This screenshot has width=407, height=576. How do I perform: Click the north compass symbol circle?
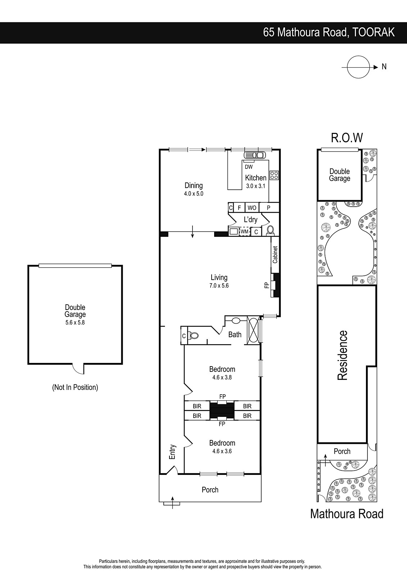click(x=358, y=56)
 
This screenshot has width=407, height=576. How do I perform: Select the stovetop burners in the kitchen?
click(x=274, y=175)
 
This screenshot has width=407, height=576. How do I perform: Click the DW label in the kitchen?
click(x=249, y=167)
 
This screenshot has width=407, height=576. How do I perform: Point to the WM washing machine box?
click(x=244, y=231)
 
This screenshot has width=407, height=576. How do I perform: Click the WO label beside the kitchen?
click(x=252, y=208)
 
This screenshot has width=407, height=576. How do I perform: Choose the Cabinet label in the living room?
click(x=275, y=255)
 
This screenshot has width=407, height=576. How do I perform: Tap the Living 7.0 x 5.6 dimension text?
click(x=219, y=285)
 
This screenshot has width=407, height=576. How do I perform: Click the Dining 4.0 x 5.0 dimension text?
click(x=194, y=194)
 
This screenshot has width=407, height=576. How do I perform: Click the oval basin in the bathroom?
click(x=236, y=321)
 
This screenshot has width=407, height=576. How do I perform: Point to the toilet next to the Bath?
click(x=194, y=335)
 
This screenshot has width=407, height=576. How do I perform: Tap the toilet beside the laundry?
click(x=270, y=231)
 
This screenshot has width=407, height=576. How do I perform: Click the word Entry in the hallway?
click(x=172, y=452)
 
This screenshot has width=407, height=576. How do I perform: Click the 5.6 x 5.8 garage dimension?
click(x=75, y=322)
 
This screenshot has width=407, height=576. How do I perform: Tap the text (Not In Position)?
click(x=75, y=387)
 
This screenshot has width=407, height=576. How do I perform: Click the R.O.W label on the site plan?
click(x=347, y=138)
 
